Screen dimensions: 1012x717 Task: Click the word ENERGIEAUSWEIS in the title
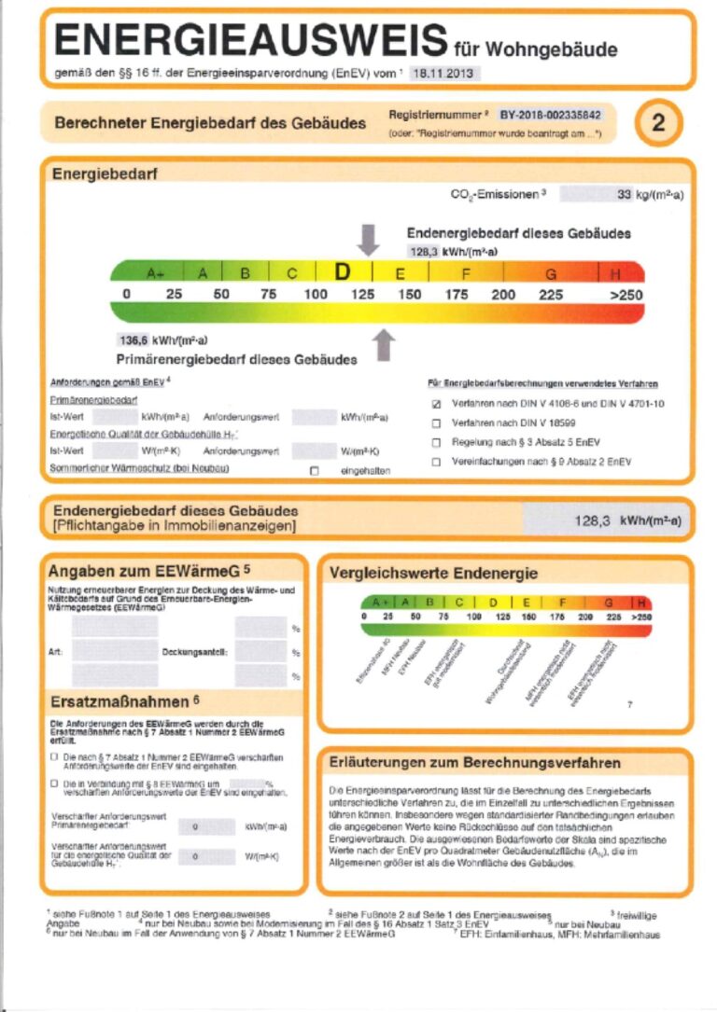pyautogui.click(x=251, y=41)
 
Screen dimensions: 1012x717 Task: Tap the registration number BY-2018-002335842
pyautogui.click(x=550, y=115)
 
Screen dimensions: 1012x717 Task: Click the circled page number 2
pyautogui.click(x=658, y=122)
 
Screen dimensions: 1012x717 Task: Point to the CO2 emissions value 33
pyautogui.click(x=625, y=195)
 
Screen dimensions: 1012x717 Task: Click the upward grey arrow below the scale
pyautogui.click(x=382, y=344)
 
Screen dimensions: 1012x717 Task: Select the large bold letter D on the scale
pyautogui.click(x=343, y=272)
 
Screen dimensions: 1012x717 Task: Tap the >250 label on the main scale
pyautogui.click(x=627, y=295)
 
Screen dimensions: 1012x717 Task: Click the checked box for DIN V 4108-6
pyautogui.click(x=435, y=405)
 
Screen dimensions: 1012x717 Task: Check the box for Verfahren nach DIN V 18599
pyautogui.click(x=435, y=424)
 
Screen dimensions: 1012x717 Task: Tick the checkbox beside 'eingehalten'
pyautogui.click(x=314, y=470)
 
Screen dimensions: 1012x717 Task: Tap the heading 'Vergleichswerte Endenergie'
pyautogui.click(x=433, y=573)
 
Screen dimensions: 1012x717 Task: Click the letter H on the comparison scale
pyautogui.click(x=641, y=603)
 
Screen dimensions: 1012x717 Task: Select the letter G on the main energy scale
pyautogui.click(x=551, y=273)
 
